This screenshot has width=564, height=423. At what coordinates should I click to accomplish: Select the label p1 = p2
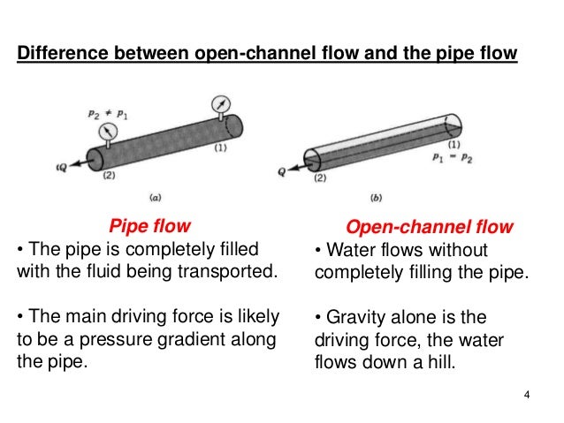click(451, 157)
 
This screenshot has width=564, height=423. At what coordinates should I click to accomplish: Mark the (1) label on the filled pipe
click(222, 148)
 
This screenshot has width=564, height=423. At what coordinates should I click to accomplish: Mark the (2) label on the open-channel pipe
click(317, 178)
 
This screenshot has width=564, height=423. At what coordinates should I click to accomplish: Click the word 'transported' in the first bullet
click(225, 270)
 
